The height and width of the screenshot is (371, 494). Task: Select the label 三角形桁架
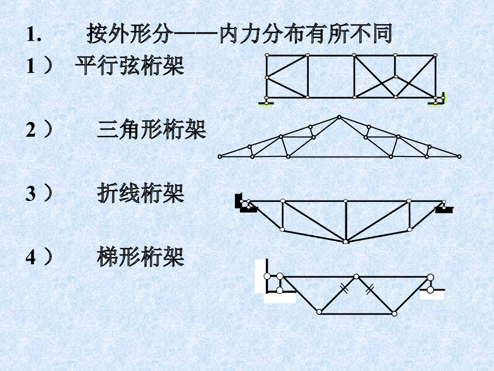151,130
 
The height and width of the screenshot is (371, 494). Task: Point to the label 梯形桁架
140,257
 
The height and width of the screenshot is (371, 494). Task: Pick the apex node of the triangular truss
339,117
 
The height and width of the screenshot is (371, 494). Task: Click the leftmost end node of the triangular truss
220,157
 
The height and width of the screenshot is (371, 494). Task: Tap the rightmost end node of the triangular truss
459,157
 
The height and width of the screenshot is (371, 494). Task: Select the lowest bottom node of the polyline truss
345,241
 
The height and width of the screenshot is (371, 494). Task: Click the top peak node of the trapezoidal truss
356,277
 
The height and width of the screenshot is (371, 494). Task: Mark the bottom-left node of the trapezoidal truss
319,312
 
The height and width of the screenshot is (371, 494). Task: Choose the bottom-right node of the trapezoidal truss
394,314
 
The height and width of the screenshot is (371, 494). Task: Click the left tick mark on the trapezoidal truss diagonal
343,289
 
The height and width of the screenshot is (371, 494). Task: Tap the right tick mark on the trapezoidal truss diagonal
370,289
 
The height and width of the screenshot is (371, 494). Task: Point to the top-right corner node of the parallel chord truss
436,56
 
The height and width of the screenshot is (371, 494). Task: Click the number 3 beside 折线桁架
30,194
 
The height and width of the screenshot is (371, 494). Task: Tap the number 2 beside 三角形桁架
30,131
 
